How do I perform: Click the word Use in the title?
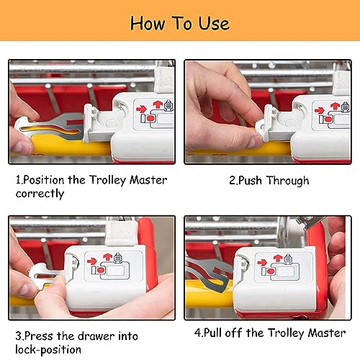click(x=214, y=23)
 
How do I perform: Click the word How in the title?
click(x=148, y=23)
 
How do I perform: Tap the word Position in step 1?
click(x=44, y=180)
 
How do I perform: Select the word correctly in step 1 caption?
click(x=40, y=194)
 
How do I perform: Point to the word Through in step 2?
click(x=288, y=181)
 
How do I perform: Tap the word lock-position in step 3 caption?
click(x=48, y=349)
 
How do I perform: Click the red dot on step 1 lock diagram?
click(x=150, y=118)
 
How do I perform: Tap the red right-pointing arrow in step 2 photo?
click(x=320, y=110)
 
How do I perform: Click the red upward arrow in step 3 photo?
click(x=107, y=256)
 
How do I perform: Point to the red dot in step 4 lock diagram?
click(x=271, y=271)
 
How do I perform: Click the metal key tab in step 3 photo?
click(x=45, y=276)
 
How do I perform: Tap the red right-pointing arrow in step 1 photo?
click(x=141, y=109)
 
